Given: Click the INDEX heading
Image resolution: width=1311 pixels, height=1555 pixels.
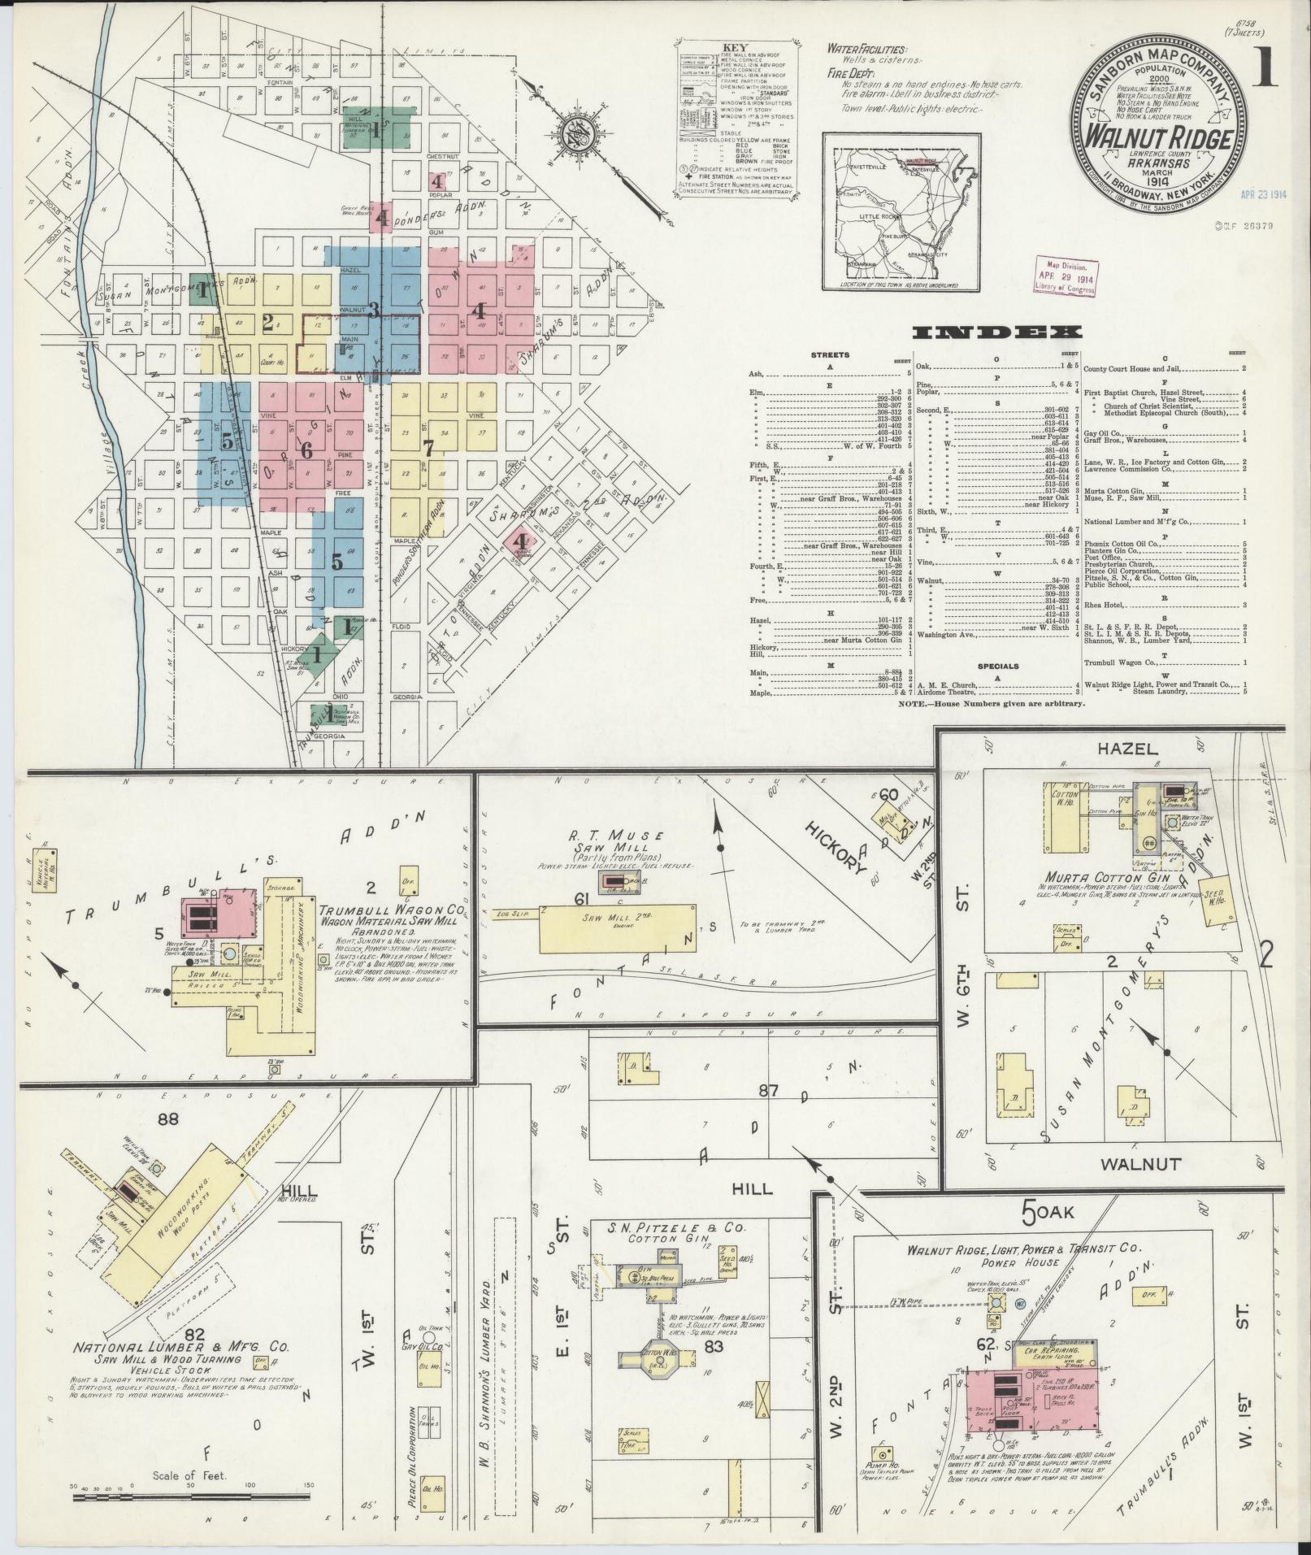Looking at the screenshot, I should tap(996, 332).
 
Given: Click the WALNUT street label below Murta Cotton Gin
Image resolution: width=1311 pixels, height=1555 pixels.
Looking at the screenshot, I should tap(1140, 1165).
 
